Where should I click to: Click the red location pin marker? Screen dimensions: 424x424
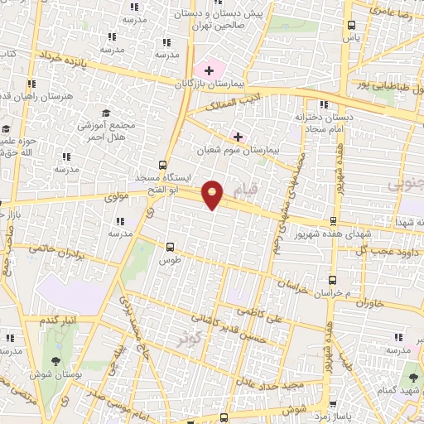[x=213, y=194]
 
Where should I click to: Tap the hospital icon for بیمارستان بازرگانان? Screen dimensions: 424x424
[x=208, y=70]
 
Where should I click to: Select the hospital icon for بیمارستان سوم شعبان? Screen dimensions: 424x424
[x=238, y=136]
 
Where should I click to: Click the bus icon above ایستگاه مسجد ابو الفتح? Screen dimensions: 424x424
[x=161, y=164]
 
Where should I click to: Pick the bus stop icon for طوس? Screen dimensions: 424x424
[x=170, y=246]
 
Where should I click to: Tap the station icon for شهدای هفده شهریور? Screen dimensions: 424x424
[x=333, y=222]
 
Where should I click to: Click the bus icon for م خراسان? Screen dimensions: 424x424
[x=332, y=281]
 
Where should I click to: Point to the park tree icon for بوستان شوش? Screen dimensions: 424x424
[x=55, y=361]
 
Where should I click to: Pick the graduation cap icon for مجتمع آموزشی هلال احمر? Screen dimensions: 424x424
[x=106, y=113]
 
